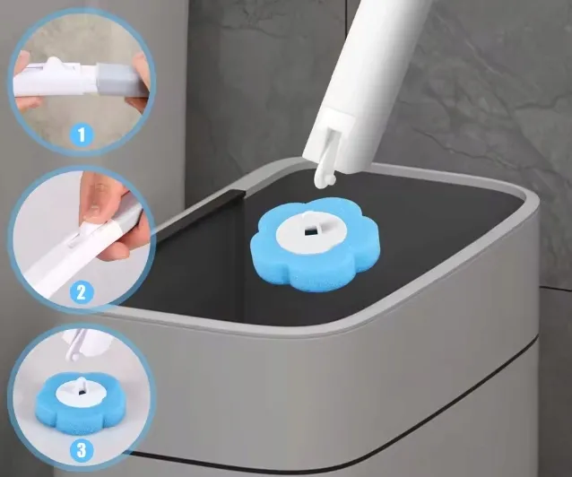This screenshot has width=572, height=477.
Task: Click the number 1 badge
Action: click(82, 134)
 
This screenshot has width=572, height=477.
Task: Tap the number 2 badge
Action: click(81, 292)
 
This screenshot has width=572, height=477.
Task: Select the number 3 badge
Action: click(81, 450)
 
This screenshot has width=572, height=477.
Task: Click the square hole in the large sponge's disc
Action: click(310, 231)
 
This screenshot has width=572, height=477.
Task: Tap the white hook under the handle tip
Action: click(324, 171)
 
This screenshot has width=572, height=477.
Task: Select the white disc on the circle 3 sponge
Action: click(82, 391)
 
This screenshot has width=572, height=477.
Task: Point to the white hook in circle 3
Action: click(74, 345)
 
